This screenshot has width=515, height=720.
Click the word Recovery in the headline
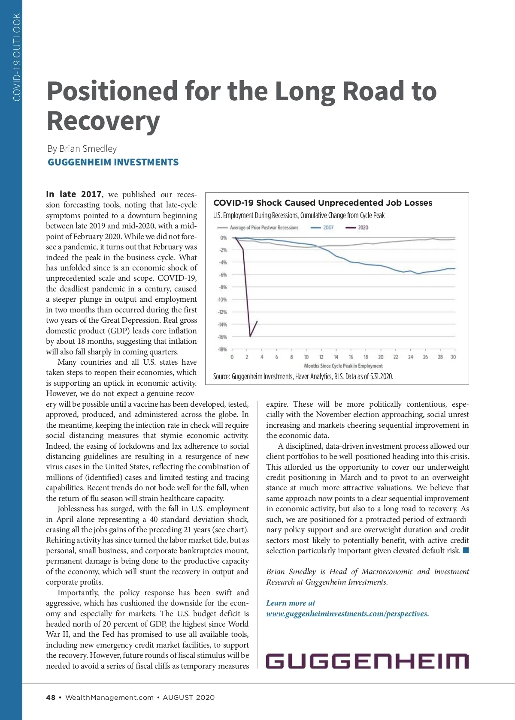coord(103,121)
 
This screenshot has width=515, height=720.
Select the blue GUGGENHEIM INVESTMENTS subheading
coord(113,162)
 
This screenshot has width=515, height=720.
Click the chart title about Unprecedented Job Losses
coord(323,203)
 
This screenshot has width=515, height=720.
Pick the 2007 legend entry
coord(322,228)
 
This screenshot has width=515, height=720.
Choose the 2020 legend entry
coord(357,228)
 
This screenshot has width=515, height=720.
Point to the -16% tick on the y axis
coord(222,337)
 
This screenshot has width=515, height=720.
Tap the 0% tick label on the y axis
coord(223,238)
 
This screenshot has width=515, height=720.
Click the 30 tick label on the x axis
coord(453,357)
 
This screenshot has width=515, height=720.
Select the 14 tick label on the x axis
coord(336,357)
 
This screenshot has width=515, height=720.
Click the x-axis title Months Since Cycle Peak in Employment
coord(343,366)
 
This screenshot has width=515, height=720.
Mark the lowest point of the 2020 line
coord(250,336)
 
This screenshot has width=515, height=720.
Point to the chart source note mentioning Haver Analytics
coord(303,377)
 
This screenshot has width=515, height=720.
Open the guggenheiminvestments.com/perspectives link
coord(347,614)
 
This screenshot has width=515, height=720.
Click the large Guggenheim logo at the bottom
coord(367,661)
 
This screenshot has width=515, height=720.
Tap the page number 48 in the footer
coord(51,697)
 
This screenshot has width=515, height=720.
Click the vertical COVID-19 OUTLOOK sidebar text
coord(17,57)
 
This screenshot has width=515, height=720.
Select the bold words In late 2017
coord(74,195)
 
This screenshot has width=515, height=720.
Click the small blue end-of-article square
coord(466,550)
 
